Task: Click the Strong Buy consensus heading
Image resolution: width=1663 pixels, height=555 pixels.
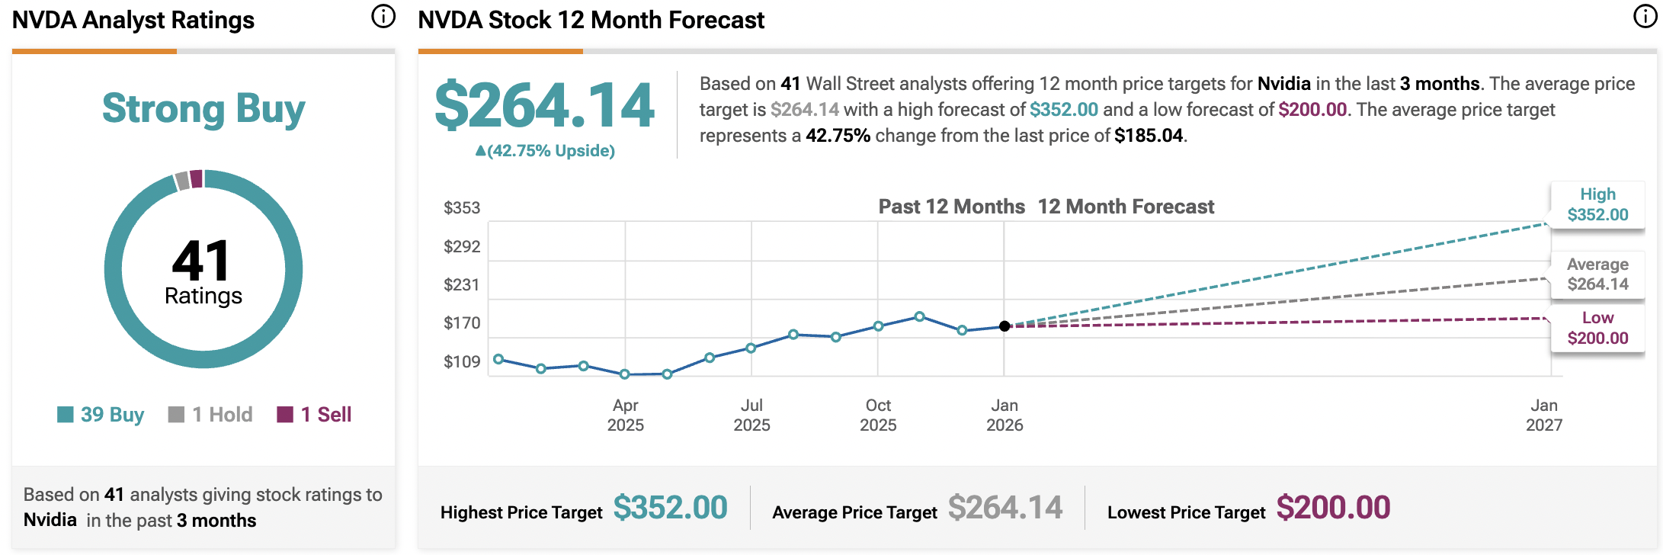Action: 203,109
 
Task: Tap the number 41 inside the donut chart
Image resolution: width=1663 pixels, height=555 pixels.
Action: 200,261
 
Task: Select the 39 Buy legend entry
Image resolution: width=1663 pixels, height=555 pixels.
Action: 101,415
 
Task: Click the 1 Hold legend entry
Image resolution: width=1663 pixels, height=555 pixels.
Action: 211,415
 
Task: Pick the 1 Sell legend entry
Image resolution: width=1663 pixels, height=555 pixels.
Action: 315,415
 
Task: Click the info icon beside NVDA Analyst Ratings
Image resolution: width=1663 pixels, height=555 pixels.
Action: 383,17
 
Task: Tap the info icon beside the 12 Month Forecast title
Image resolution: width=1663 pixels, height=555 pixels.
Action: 1645,17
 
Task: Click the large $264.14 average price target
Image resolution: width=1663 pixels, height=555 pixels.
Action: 544,105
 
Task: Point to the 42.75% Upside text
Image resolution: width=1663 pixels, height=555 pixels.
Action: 545,151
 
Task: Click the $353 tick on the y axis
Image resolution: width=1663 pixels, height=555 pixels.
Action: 462,207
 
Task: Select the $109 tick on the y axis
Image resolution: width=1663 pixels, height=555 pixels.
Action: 462,361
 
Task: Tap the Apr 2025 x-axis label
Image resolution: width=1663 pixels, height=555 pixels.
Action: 625,415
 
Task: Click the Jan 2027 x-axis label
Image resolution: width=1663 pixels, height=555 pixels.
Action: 1544,415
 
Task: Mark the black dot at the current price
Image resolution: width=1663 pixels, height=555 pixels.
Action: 1005,326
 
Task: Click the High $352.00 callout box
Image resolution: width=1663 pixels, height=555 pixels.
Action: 1597,204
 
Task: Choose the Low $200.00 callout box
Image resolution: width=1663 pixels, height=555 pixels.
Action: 1597,328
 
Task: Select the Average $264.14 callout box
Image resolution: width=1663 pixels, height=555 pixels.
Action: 1597,274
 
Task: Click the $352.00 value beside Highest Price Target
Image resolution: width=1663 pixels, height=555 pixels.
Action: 670,508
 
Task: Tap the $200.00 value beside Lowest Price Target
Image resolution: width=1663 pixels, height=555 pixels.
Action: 1333,508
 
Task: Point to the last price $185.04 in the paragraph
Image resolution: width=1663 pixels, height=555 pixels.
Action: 1149,136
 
